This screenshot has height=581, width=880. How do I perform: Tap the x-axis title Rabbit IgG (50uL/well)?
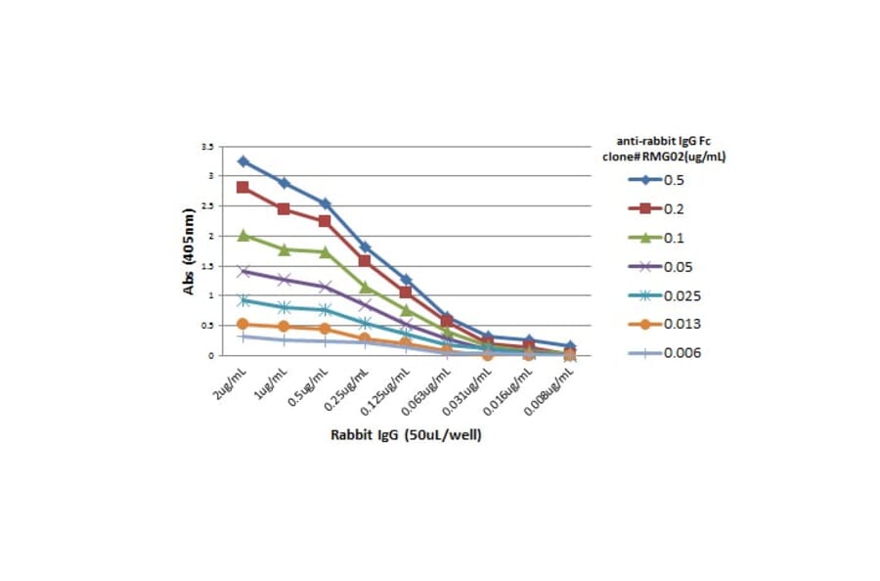click(405, 434)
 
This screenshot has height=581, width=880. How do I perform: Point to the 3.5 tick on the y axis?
click(207, 146)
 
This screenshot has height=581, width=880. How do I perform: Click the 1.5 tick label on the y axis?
click(207, 266)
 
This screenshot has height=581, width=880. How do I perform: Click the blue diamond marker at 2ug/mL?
click(242, 161)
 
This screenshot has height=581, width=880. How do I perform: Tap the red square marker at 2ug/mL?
click(242, 187)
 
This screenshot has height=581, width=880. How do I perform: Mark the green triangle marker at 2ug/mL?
click(242, 235)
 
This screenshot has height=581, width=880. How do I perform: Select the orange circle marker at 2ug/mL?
click(242, 324)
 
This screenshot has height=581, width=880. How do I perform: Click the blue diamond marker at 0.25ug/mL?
click(365, 247)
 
